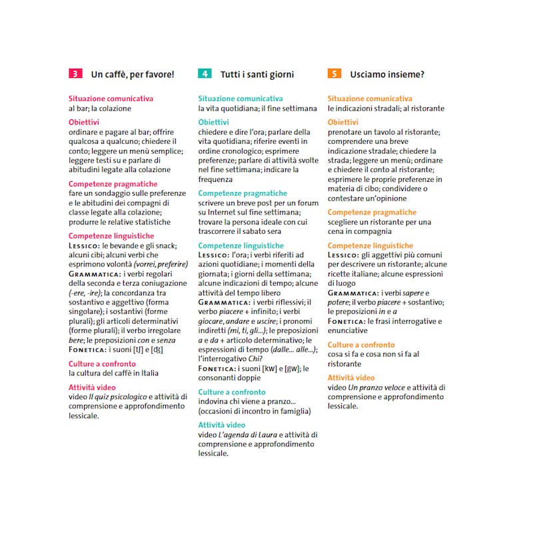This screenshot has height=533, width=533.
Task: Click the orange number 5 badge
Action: click(334, 74)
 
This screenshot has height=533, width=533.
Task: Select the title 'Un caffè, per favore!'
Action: click(132, 75)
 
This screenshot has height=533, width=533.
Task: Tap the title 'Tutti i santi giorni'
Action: click(257, 75)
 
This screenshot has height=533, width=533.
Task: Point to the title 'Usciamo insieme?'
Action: click(387, 75)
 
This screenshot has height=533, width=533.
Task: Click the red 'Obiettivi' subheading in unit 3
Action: click(84, 123)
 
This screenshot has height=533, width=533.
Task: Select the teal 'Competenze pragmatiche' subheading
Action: click(243, 193)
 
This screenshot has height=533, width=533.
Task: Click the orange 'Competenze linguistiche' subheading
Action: click(370, 246)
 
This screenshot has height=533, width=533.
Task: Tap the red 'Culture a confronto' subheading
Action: click(102, 364)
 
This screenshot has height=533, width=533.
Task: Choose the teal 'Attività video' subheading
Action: click(222, 425)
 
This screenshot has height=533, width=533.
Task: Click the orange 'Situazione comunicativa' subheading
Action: click(370, 99)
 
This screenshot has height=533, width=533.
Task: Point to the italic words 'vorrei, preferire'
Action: click(150, 264)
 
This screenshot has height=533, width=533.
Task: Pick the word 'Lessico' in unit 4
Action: click(214, 255)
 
